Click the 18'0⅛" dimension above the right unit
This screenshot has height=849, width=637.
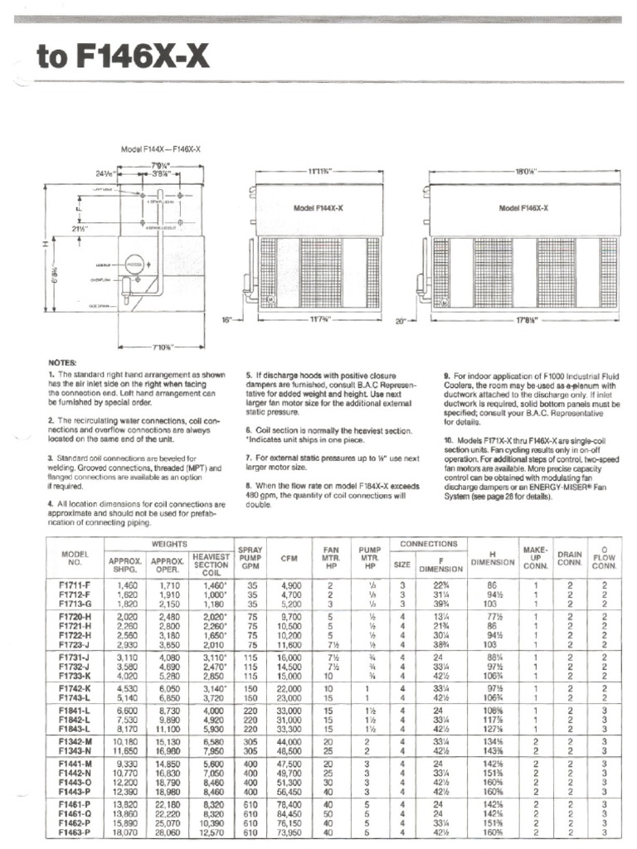point(524,172)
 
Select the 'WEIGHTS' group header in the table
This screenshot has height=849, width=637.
point(168,544)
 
